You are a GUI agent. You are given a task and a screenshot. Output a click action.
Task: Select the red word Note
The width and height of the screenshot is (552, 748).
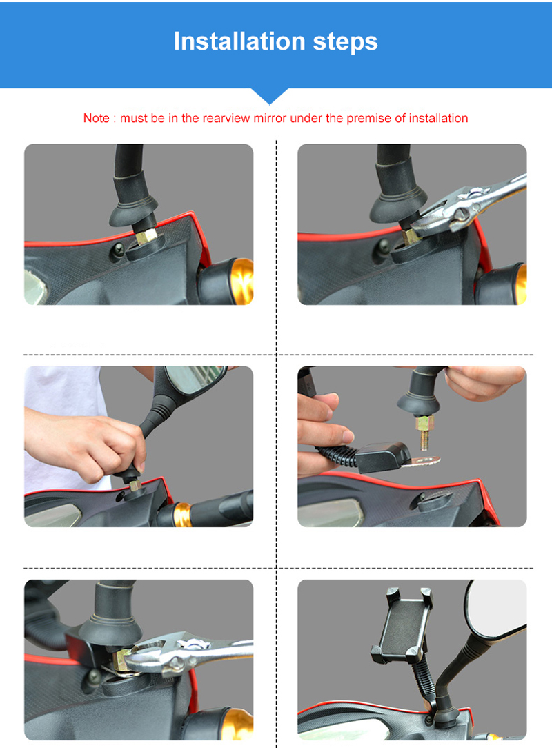(x=96, y=118)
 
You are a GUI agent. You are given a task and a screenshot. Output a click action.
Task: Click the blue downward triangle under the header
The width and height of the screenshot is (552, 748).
(x=269, y=95)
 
